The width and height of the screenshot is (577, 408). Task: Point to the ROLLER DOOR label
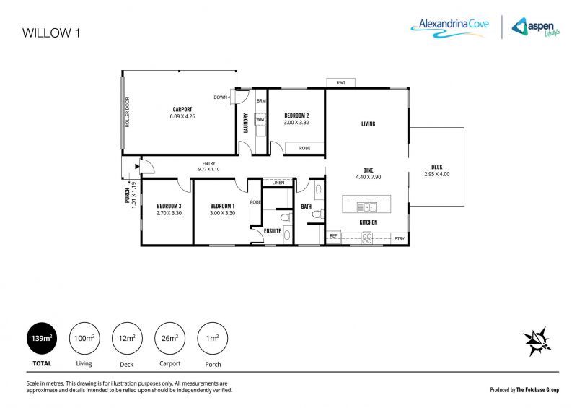tap(128, 112)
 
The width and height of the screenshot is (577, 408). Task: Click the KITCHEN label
tap(369, 222)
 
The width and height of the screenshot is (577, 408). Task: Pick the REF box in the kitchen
tap(333, 236)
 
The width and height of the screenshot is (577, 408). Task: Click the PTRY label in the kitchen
tap(399, 238)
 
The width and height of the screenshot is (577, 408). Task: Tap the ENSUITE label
tap(272, 231)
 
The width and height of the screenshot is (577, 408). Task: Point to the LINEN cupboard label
tap(279, 183)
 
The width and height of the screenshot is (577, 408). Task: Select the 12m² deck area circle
tap(125, 338)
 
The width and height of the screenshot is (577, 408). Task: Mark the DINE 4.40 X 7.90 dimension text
tap(367, 173)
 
